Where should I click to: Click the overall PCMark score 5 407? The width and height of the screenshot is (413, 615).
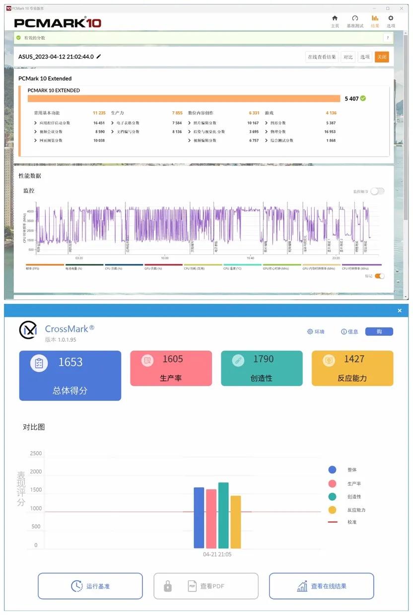click(x=351, y=99)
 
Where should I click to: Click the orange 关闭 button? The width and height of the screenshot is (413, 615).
click(x=381, y=57)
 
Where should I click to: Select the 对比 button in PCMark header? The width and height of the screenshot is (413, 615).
click(x=348, y=57)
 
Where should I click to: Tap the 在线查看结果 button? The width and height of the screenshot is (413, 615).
click(x=322, y=57)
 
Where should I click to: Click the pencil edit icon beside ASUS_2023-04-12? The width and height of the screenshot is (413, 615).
click(x=99, y=57)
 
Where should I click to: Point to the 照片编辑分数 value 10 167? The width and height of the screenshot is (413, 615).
click(x=253, y=123)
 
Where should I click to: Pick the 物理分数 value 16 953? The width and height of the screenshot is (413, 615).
click(x=330, y=132)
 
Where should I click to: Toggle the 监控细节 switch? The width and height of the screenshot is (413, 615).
click(x=377, y=191)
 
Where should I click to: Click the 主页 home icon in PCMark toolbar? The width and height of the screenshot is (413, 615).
click(x=335, y=19)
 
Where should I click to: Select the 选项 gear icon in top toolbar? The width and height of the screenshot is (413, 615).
click(x=391, y=19)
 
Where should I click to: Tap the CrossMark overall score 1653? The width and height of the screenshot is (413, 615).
click(x=70, y=362)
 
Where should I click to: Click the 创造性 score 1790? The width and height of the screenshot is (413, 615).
click(x=263, y=359)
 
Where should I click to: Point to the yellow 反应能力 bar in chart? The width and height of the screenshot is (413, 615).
click(x=235, y=522)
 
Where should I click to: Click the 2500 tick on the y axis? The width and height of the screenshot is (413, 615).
click(x=36, y=454)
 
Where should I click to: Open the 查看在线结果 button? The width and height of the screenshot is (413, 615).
click(x=321, y=586)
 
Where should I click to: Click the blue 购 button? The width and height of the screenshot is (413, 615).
click(x=379, y=331)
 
